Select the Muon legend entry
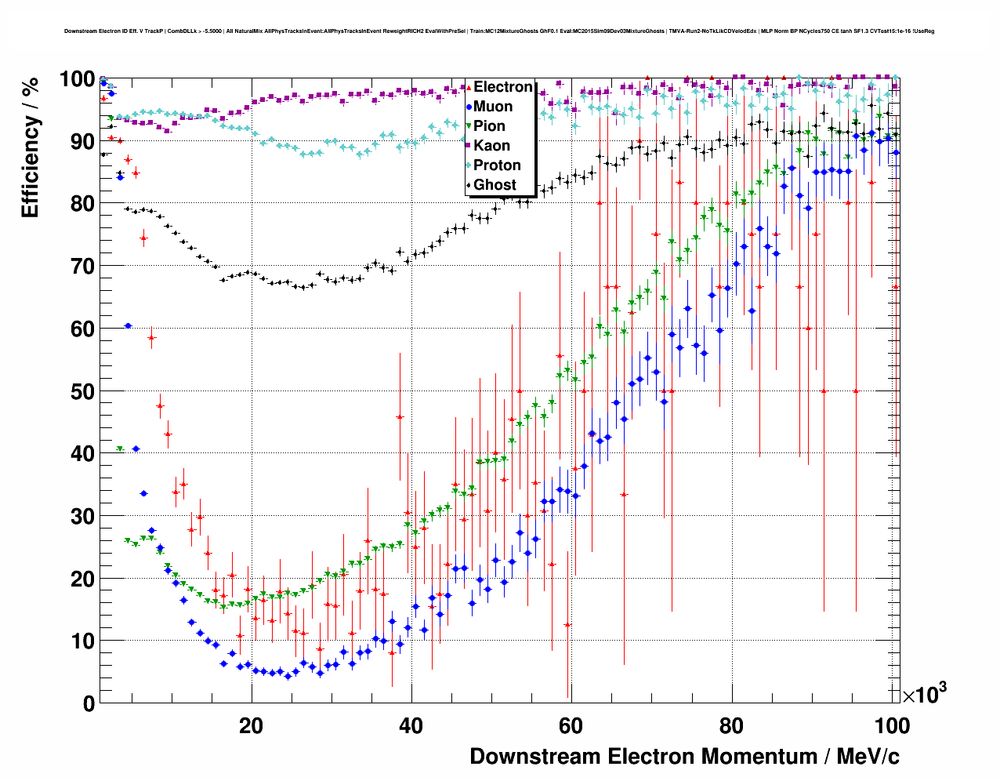492,107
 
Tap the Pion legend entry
489,126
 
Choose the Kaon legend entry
491,146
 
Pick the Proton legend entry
497,165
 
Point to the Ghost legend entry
495,185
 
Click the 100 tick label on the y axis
78,79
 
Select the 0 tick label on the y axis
89,703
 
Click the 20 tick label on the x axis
251,725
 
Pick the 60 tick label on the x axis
571,725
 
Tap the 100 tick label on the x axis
892,725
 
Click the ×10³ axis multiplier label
925,694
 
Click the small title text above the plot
499,31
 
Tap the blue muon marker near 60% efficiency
128,325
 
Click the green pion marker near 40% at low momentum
120,449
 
